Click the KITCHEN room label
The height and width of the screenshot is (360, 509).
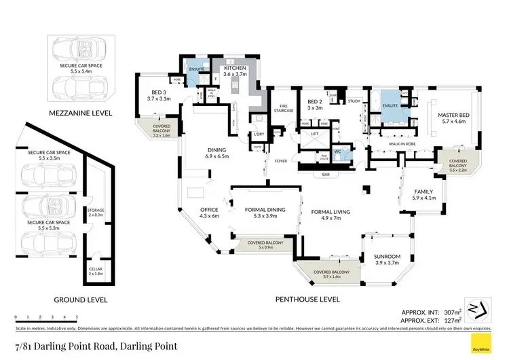pos(235,70)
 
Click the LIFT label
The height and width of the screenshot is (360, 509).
pos(314,134)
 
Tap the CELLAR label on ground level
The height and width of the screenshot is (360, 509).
pos(96,270)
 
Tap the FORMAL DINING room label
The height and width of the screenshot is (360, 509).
pos(264,210)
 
